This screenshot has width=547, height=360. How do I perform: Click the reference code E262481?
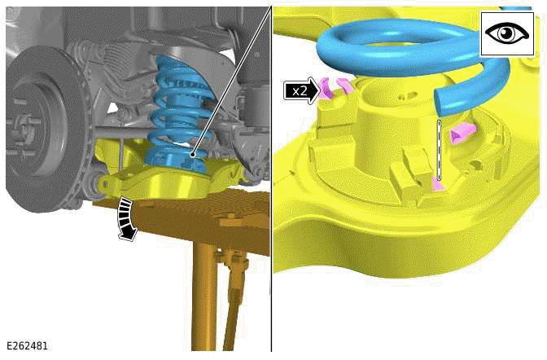coord(27,345)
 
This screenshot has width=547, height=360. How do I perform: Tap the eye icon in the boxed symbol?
coord(507,33)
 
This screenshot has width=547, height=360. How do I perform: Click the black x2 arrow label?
coord(301,91)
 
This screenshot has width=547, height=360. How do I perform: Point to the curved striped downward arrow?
coord(127,218)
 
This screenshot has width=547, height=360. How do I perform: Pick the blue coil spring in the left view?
coord(178,115)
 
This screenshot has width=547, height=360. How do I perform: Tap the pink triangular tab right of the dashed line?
coord(462,133)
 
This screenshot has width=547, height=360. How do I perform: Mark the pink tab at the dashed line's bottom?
coord(438,184)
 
